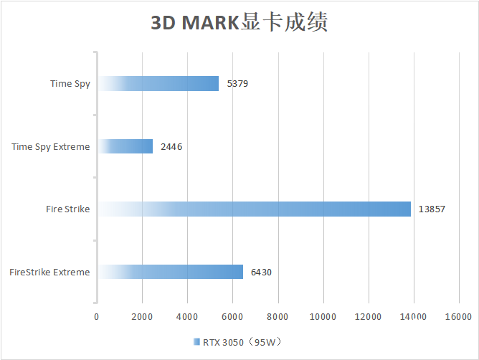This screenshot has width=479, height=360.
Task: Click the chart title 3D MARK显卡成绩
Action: point(239,23)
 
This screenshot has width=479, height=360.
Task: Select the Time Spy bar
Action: point(158,84)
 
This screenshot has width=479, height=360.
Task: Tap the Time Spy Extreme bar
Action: point(125,146)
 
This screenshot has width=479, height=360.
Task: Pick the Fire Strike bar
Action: point(254,209)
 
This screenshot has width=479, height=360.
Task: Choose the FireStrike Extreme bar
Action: point(170,272)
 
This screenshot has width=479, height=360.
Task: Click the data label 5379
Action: point(237,84)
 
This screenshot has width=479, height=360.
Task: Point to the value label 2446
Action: point(171,147)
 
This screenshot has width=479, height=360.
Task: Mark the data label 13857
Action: point(430,209)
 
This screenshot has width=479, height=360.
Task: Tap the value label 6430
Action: point(261,273)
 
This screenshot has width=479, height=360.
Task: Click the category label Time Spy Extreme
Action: point(51,147)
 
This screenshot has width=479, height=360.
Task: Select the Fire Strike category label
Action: point(67,209)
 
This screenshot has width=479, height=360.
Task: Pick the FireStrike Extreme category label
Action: point(50,273)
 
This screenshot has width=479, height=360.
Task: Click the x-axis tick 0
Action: point(97,316)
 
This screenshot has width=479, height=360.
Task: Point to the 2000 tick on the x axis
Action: point(142,316)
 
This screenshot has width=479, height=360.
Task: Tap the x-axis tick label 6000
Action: point(232,316)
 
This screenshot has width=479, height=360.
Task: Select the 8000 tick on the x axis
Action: point(278,316)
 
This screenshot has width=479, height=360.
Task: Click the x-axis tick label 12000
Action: point(368,316)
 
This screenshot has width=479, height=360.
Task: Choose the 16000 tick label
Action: point(458,316)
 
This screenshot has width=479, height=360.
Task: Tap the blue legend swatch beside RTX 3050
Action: point(196,342)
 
